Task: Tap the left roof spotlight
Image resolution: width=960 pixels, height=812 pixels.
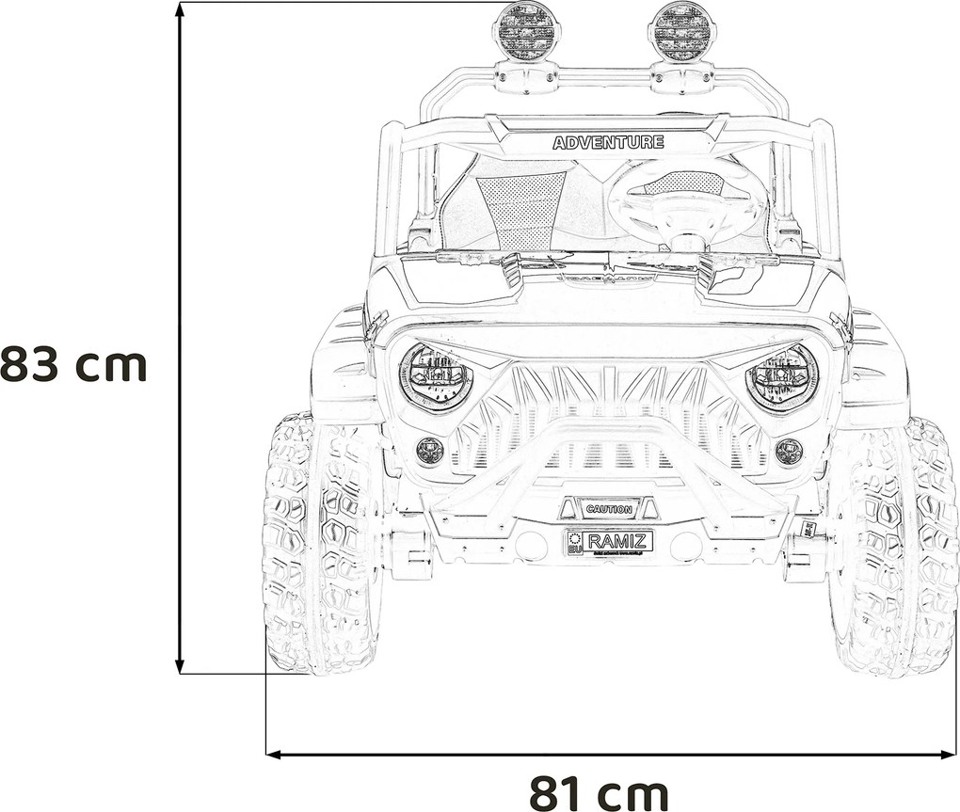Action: pyautogui.click(x=525, y=31)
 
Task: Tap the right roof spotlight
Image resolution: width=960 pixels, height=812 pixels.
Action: pyautogui.click(x=681, y=31)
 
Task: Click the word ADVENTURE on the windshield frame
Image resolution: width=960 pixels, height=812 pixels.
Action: pyautogui.click(x=608, y=143)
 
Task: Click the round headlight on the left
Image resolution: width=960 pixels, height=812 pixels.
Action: pyautogui.click(x=436, y=375)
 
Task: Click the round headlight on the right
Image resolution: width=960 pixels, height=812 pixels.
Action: pyautogui.click(x=782, y=377)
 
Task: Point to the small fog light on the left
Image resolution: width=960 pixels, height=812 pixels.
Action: pyautogui.click(x=430, y=450)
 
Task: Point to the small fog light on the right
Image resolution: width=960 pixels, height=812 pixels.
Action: pyautogui.click(x=789, y=451)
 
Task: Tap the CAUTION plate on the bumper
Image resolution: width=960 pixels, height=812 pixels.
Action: pyautogui.click(x=609, y=509)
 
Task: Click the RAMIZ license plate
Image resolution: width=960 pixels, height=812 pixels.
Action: pyautogui.click(x=609, y=542)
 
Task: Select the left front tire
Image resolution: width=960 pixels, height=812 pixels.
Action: pyautogui.click(x=320, y=546)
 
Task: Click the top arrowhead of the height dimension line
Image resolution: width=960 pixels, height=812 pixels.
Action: pyautogui.click(x=180, y=9)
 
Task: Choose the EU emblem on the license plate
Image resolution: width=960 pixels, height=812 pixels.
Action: pyautogui.click(x=574, y=543)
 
